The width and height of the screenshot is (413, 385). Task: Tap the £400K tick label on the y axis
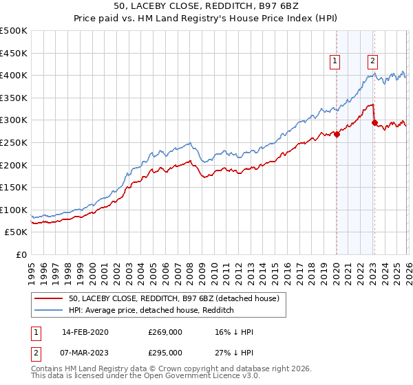14,75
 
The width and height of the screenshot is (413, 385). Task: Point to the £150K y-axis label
14,187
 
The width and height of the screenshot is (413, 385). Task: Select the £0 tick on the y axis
21,254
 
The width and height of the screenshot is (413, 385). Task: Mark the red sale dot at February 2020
337,134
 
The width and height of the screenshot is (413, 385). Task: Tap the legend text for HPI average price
151,311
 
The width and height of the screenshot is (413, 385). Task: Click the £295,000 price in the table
165,352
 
